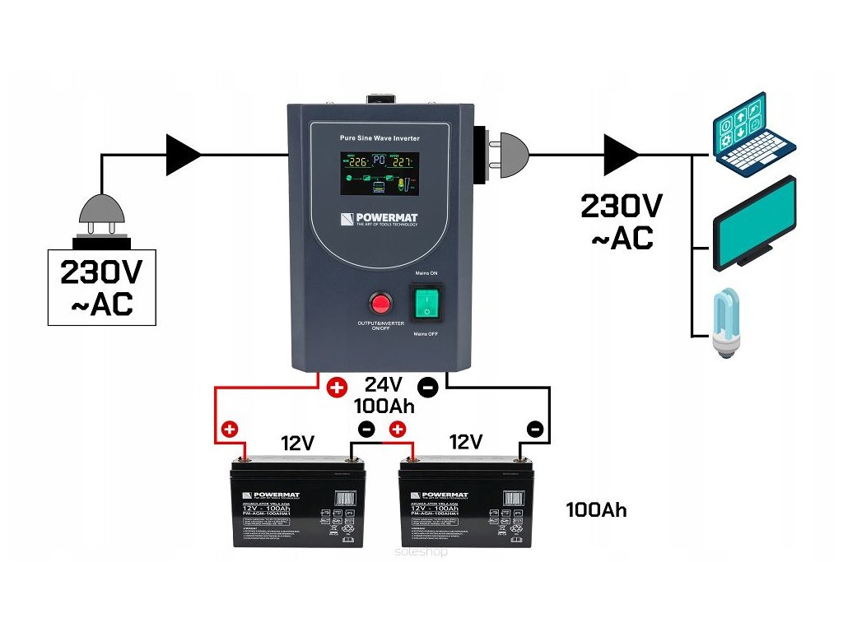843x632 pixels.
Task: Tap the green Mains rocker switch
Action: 428,302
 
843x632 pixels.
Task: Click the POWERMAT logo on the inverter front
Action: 380,220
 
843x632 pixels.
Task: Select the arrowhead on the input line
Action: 183,153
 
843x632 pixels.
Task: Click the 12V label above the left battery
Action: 296,443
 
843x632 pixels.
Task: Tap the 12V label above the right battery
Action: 465,443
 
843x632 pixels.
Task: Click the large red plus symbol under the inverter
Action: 336,387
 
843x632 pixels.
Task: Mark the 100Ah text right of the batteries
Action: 596,510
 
